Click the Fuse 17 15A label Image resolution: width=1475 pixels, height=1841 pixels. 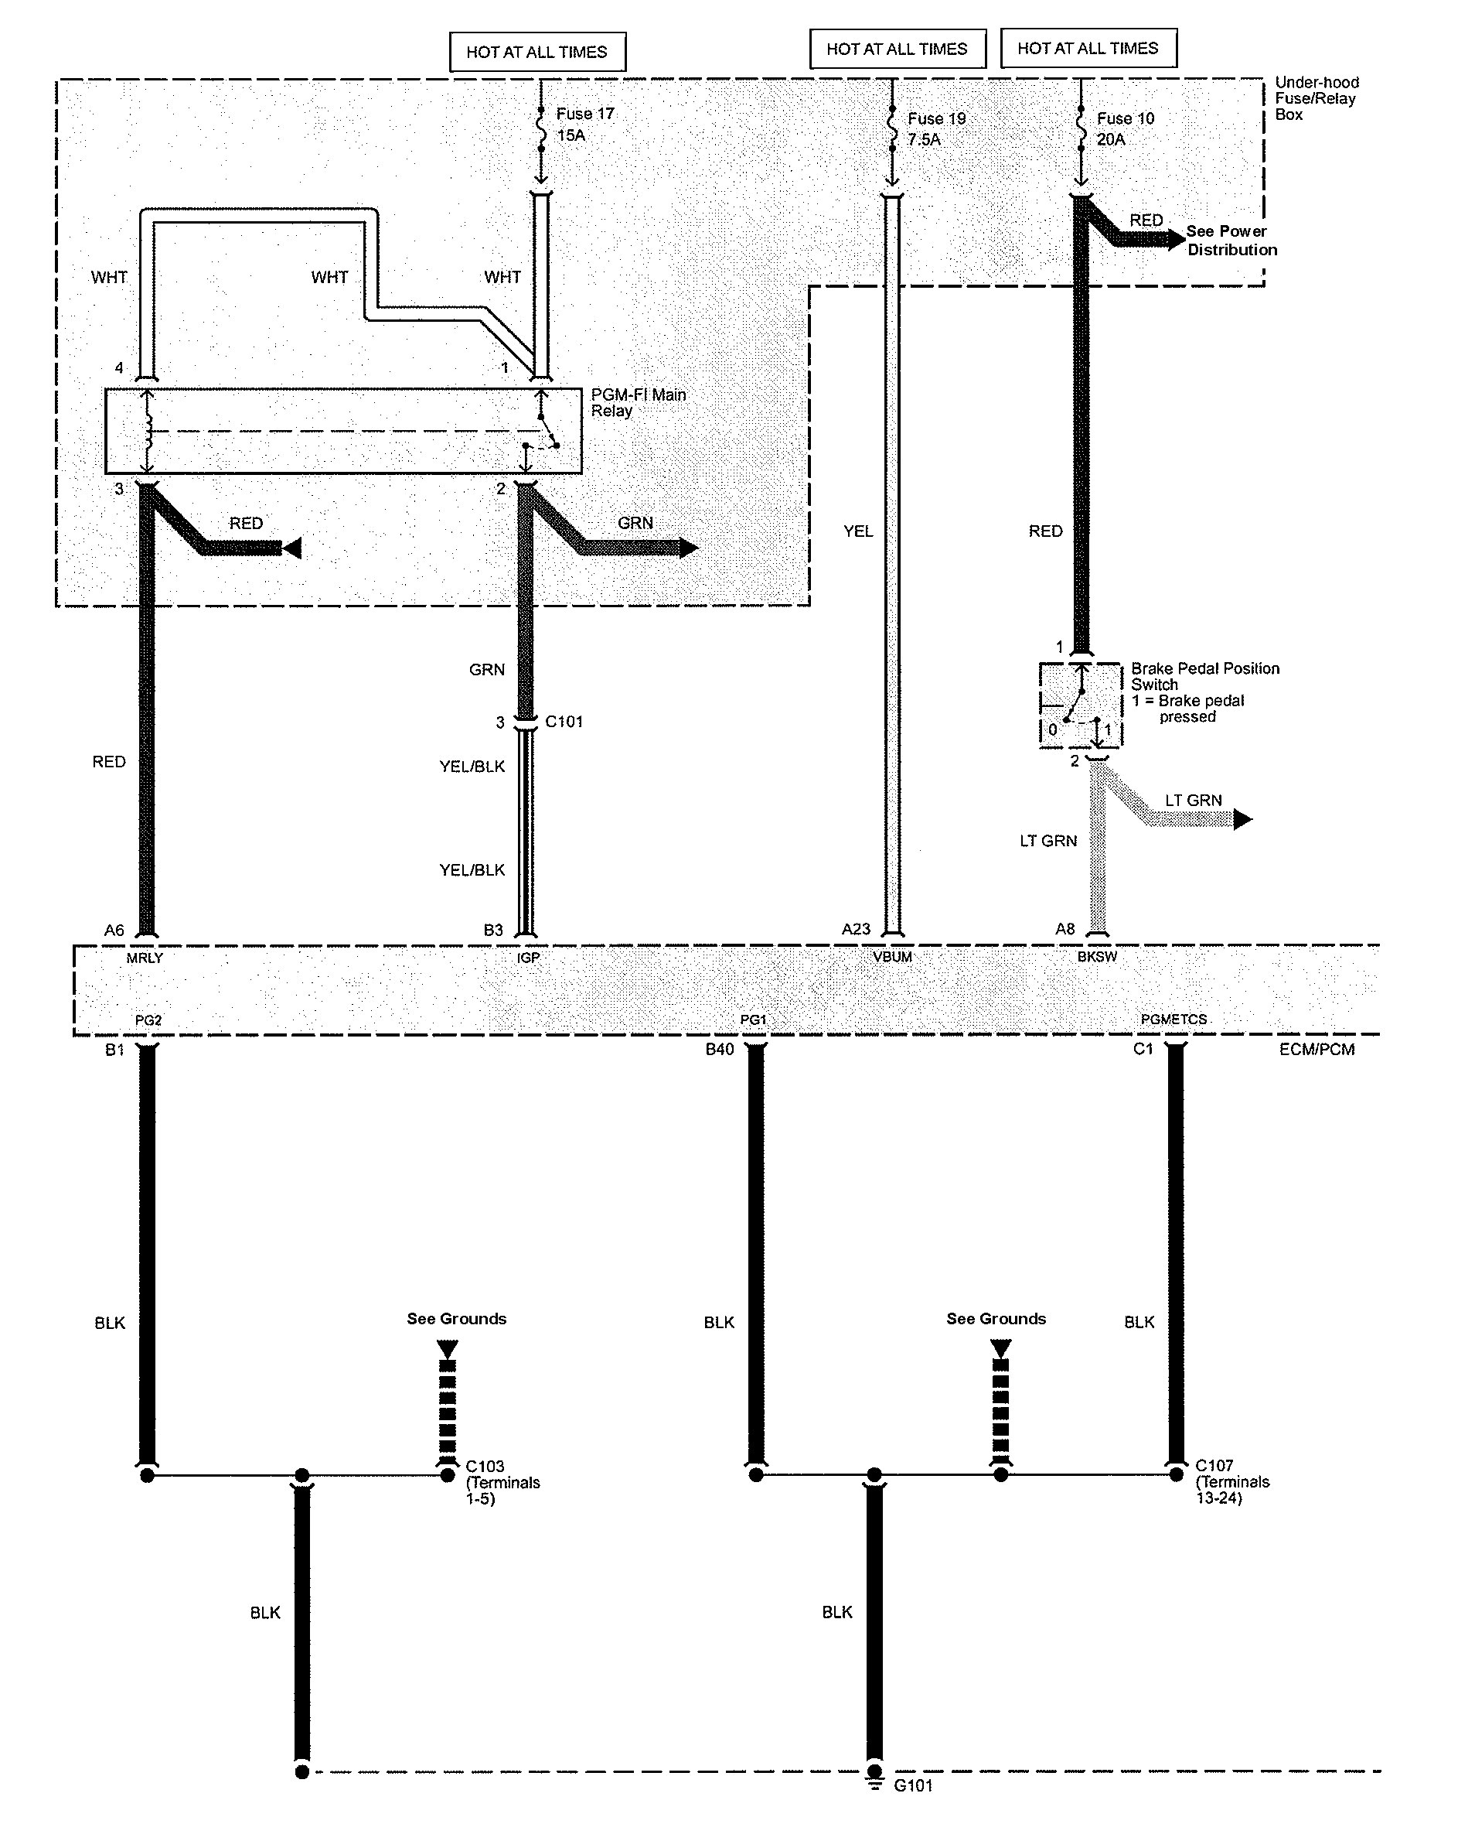tap(584, 125)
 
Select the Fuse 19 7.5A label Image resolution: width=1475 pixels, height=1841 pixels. tap(935, 129)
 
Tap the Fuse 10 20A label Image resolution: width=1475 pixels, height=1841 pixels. tap(1125, 129)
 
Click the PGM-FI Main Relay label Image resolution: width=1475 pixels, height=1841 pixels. tap(638, 402)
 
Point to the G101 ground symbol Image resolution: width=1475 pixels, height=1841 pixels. tap(874, 1785)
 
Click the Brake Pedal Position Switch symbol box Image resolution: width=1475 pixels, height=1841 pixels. tap(1080, 705)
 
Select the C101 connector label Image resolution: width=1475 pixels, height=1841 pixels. tap(564, 722)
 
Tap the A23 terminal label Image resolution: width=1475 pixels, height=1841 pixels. tap(855, 929)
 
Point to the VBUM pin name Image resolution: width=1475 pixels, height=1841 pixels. tap(892, 957)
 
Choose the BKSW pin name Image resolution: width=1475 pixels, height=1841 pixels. tap(1097, 957)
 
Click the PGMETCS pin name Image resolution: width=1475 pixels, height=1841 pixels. tap(1174, 1020)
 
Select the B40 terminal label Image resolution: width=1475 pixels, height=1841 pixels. tap(719, 1050)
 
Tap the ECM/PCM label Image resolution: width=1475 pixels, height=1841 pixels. tap(1317, 1050)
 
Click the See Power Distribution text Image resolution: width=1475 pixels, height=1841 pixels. tap(1231, 240)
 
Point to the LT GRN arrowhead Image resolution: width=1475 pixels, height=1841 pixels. tap(1242, 820)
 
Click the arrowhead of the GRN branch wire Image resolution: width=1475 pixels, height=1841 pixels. tap(688, 548)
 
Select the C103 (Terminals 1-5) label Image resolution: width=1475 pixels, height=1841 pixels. tap(502, 1482)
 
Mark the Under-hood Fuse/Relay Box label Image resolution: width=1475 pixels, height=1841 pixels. tap(1317, 98)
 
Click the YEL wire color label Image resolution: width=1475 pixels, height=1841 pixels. tap(858, 531)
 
